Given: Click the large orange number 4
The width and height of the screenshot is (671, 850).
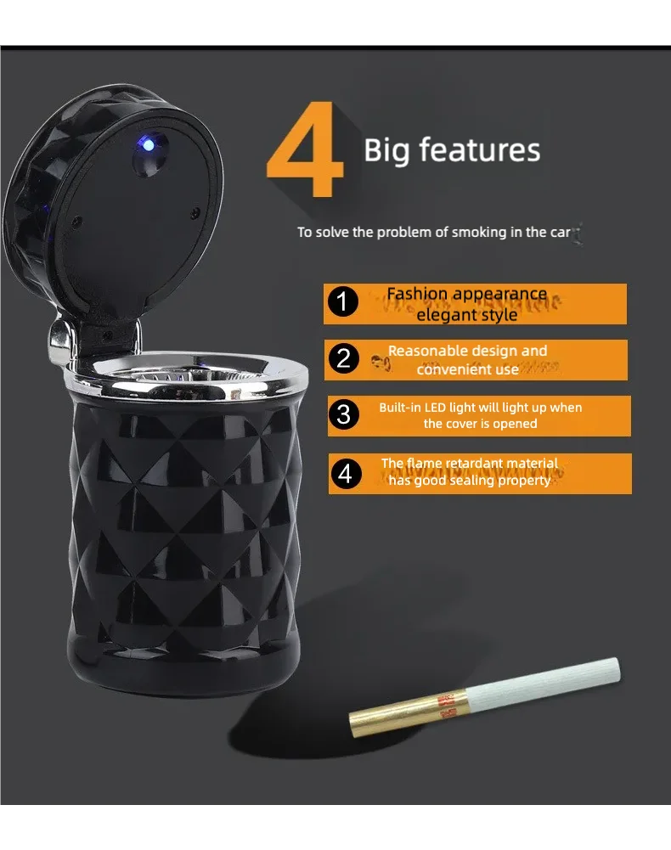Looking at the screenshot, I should tap(306, 153).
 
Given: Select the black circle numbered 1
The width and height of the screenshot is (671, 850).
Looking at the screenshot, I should tap(342, 302).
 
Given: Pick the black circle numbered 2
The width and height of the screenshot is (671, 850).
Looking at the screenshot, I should tap(343, 358).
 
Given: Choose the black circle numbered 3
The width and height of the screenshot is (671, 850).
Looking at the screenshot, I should tap(343, 414).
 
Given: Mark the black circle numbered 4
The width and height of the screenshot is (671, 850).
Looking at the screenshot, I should tap(344, 473).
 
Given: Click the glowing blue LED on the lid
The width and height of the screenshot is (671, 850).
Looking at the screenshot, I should tap(149, 145).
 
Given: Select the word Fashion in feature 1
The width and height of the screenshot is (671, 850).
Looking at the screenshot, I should tap(417, 294).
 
